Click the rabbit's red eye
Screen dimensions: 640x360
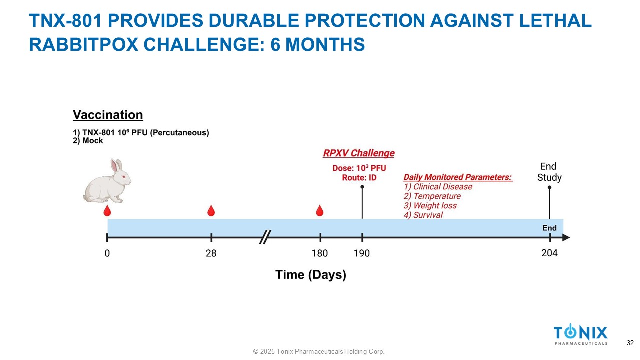[124, 177]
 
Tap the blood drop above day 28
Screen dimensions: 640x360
[211, 211]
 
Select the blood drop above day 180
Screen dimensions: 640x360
[320, 211]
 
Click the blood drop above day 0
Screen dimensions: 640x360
[107, 211]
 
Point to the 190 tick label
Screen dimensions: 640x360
[362, 253]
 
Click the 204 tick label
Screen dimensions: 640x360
[549, 253]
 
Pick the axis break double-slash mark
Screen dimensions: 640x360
[265, 237]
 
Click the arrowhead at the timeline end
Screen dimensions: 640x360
[566, 237]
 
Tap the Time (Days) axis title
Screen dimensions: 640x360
[311, 275]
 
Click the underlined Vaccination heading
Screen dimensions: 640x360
[108, 115]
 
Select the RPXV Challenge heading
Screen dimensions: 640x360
[359, 153]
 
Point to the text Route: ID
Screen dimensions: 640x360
[359, 178]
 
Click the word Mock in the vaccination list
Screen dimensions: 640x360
[93, 141]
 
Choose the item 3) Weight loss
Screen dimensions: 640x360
[430, 205]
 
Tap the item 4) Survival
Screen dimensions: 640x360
[423, 215]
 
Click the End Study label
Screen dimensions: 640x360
[549, 172]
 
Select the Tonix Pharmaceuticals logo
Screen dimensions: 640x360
[581, 334]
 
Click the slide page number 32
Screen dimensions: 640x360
[630, 343]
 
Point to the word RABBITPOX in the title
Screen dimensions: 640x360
[83, 45]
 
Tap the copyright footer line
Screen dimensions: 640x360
[319, 351]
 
